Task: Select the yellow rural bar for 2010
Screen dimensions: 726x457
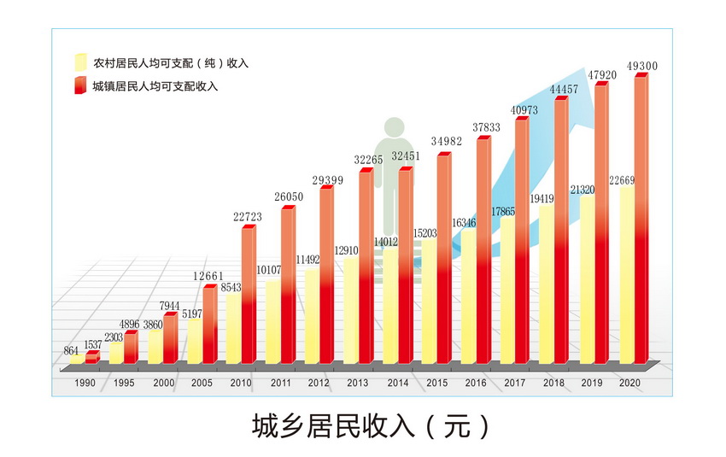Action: click(233, 328)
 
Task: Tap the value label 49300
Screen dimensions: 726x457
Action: click(641, 66)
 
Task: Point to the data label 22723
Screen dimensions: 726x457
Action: click(247, 217)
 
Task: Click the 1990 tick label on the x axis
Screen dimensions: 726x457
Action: click(85, 383)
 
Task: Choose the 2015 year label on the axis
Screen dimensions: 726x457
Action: click(436, 383)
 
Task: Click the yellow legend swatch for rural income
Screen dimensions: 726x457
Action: click(80, 62)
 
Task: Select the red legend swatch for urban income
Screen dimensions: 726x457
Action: click(80, 85)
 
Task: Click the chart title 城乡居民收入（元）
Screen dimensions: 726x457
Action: click(371, 425)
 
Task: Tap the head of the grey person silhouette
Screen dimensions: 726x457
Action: click(394, 127)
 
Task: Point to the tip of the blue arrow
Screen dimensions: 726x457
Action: click(584, 68)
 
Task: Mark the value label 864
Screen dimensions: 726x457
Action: click(71, 350)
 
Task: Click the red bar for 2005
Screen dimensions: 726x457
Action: click(210, 324)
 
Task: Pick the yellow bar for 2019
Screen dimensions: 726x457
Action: click(587, 279)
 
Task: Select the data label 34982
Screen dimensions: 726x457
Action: click(447, 141)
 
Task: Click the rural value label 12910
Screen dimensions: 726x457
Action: click(346, 250)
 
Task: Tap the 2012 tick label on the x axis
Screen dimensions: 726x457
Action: click(319, 383)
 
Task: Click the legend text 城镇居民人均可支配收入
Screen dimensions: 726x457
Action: click(155, 86)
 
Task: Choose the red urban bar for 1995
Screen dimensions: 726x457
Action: click(131, 348)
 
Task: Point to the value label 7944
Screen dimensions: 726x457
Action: click(169, 306)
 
